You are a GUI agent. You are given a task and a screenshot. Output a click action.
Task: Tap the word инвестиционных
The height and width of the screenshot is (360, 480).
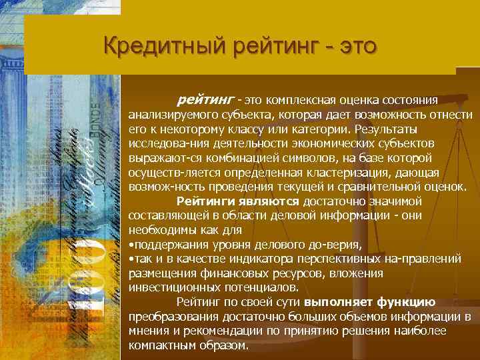169,287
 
